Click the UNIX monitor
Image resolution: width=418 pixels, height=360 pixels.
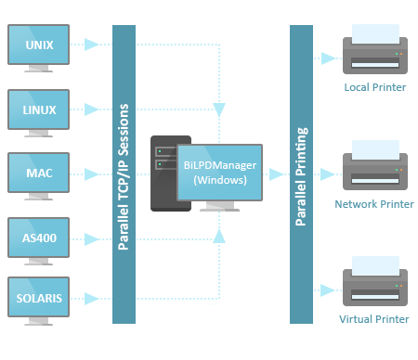[38, 45]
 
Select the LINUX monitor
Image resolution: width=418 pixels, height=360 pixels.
[38, 109]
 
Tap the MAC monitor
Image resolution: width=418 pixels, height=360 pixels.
[38, 172]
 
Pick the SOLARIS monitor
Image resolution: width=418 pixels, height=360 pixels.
[38, 298]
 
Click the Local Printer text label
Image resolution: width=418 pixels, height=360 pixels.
[375, 87]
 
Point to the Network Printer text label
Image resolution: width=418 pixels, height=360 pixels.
[374, 203]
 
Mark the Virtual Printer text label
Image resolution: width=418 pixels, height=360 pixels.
[374, 319]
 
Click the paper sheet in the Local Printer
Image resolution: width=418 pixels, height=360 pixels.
[375, 33]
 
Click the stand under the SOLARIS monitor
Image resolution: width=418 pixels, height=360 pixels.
[38, 320]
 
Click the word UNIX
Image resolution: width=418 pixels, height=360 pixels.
[38, 44]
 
